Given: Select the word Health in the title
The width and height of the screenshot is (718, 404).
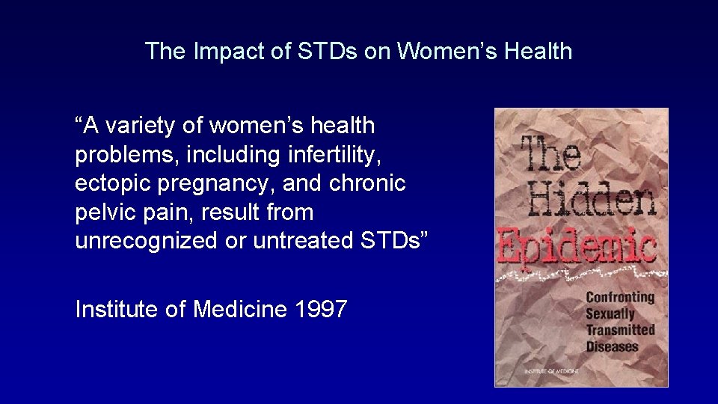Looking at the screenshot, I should coord(536,52).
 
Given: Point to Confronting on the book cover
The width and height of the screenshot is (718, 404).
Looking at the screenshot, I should coord(620,297).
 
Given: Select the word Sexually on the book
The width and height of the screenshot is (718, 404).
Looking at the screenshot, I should coord(610,313).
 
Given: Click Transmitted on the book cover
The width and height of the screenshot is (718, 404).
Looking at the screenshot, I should coord(620,330).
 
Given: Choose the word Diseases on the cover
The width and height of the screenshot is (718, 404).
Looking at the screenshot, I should coord(612,346).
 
